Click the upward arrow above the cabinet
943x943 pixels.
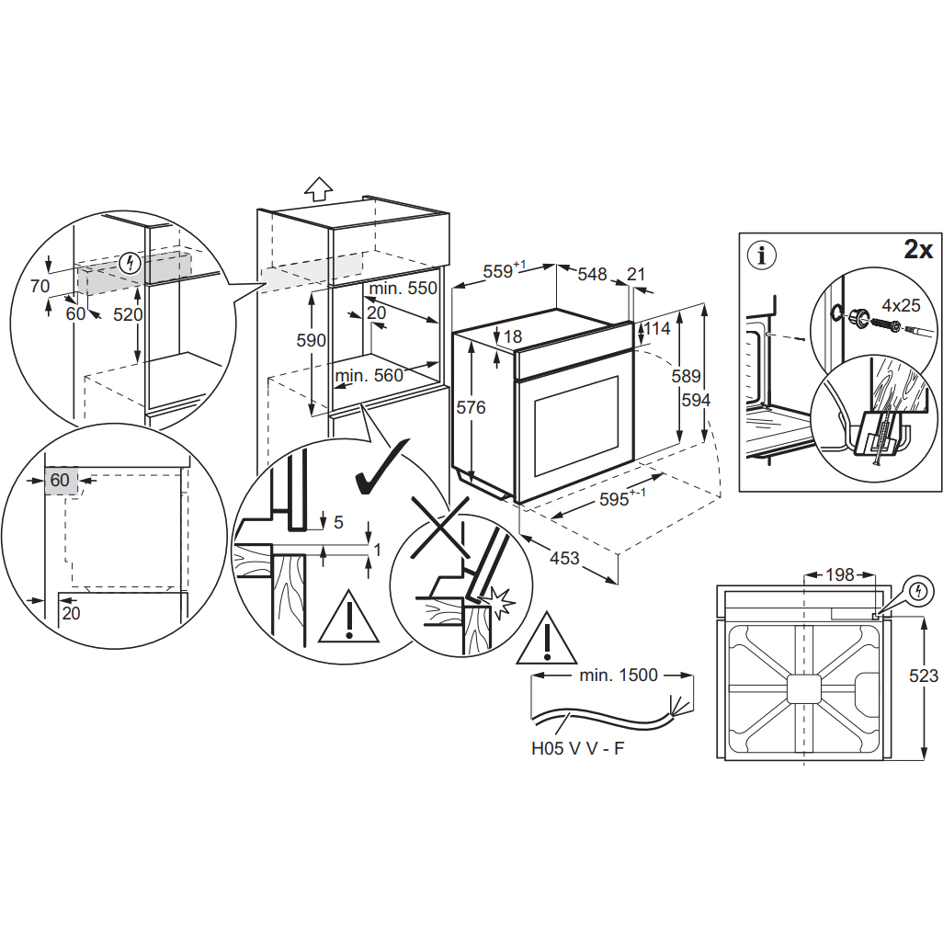point(318,188)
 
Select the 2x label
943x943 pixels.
point(918,249)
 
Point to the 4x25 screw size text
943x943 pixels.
point(901,304)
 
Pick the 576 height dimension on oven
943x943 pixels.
point(471,408)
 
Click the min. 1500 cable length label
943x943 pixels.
point(619,676)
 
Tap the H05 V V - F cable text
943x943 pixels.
point(578,748)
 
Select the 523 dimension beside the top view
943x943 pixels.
point(922,676)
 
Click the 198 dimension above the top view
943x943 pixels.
point(839,575)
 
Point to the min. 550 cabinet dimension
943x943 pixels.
point(403,288)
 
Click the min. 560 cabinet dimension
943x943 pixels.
point(369,375)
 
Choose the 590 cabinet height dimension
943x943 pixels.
point(312,340)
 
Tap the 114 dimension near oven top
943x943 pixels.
point(657,328)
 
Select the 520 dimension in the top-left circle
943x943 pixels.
point(128,313)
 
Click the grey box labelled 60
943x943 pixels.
point(61,480)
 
